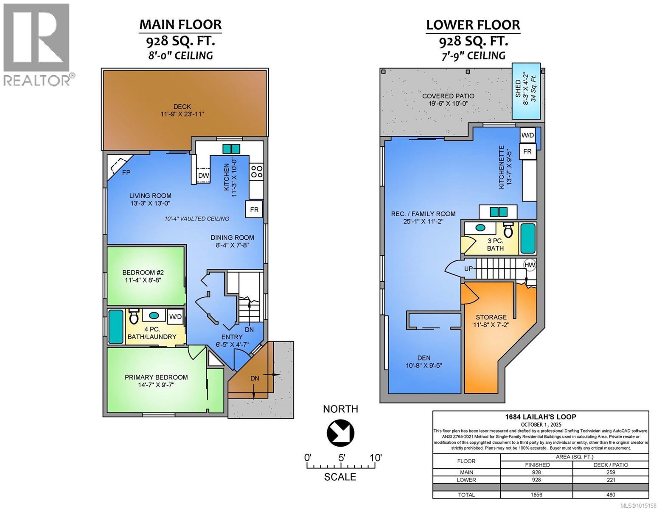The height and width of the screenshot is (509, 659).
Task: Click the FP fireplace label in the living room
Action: click(x=126, y=173)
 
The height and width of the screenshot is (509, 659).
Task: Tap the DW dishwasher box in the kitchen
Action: click(x=203, y=175)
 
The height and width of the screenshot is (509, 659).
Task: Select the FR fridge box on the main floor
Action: click(x=254, y=210)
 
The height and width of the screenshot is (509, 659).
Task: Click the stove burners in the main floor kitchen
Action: click(x=257, y=171)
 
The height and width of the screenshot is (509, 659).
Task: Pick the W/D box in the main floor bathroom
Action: click(x=175, y=316)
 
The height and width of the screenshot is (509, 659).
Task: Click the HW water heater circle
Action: click(x=530, y=265)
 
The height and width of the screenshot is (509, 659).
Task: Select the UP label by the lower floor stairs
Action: click(x=468, y=269)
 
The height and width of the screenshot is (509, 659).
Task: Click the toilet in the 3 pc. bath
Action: click(x=508, y=230)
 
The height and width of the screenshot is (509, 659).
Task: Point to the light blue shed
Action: click(x=526, y=91)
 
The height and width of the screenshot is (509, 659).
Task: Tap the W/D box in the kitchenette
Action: click(x=527, y=135)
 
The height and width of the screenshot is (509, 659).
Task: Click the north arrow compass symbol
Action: click(x=340, y=432)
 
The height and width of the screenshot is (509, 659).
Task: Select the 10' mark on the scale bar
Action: click(x=375, y=458)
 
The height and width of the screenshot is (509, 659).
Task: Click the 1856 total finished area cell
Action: click(x=537, y=495)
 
